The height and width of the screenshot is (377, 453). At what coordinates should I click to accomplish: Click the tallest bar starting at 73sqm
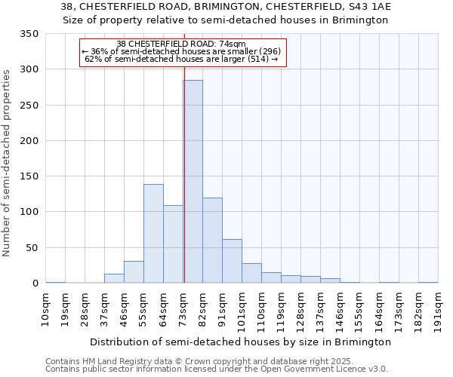pyautogui.click(x=193, y=181)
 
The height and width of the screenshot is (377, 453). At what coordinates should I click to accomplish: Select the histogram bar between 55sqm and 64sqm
pyautogui.click(x=153, y=234)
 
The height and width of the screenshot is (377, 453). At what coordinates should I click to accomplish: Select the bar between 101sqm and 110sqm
pyautogui.click(x=251, y=273)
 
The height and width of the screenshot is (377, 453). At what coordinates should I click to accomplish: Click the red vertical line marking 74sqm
pyautogui.click(x=184, y=151)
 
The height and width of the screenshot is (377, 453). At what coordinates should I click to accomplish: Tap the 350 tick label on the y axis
pyautogui.click(x=29, y=34)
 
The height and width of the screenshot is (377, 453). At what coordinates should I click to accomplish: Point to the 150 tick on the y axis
pyautogui.click(x=29, y=176)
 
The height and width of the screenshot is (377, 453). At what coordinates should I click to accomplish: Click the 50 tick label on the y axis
pyautogui.click(x=32, y=248)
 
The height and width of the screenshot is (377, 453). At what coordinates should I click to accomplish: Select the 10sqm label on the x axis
pyautogui.click(x=46, y=308)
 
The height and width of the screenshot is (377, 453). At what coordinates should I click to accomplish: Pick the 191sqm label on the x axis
pyautogui.click(x=438, y=308)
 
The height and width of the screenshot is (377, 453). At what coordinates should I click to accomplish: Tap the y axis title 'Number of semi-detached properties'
pyautogui.click(x=8, y=162)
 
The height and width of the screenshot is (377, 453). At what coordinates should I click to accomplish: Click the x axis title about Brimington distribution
pyautogui.click(x=240, y=342)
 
